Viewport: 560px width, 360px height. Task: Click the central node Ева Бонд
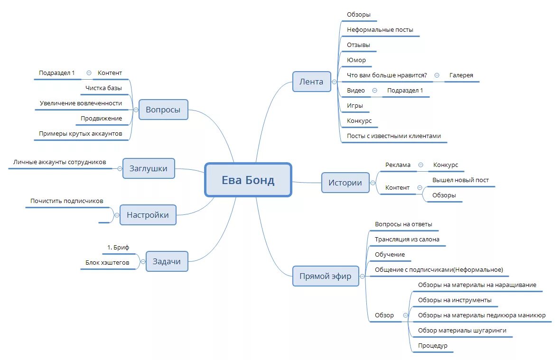(x=248, y=180)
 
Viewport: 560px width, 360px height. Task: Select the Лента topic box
(x=311, y=82)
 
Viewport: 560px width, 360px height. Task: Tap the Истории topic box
(x=345, y=183)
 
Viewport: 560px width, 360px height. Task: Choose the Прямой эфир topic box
(x=325, y=276)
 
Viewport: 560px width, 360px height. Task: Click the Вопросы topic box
(x=163, y=110)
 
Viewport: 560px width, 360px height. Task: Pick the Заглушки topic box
(x=148, y=168)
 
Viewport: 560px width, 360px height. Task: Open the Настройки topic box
(x=148, y=215)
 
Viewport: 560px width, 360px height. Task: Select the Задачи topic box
(x=167, y=261)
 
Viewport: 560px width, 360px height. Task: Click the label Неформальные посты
(x=380, y=30)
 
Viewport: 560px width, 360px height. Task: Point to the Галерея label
(x=461, y=75)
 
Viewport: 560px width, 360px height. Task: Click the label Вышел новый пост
(x=460, y=180)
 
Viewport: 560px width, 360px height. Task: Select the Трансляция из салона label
(x=407, y=240)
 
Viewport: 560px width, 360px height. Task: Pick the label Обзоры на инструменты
(x=454, y=300)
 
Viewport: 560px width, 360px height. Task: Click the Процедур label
(x=432, y=346)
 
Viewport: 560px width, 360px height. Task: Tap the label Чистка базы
(x=103, y=88)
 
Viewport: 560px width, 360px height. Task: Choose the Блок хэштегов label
(x=107, y=262)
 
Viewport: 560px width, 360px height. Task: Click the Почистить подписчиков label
(x=66, y=201)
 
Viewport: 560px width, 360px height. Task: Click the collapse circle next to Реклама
(x=420, y=165)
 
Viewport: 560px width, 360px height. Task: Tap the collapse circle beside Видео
(x=374, y=91)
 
